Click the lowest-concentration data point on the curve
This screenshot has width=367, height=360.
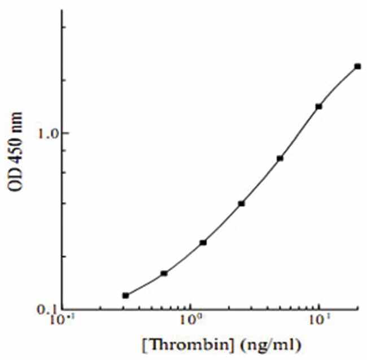coord(125,296)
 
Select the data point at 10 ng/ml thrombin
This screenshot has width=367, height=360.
coord(319,106)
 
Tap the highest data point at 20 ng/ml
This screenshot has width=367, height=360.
coord(357,66)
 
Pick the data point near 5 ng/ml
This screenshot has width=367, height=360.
coord(280,158)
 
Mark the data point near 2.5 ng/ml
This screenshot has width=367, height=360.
coord(242,203)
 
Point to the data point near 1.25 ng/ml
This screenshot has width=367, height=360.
coord(203,242)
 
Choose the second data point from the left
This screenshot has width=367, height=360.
coord(164,274)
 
